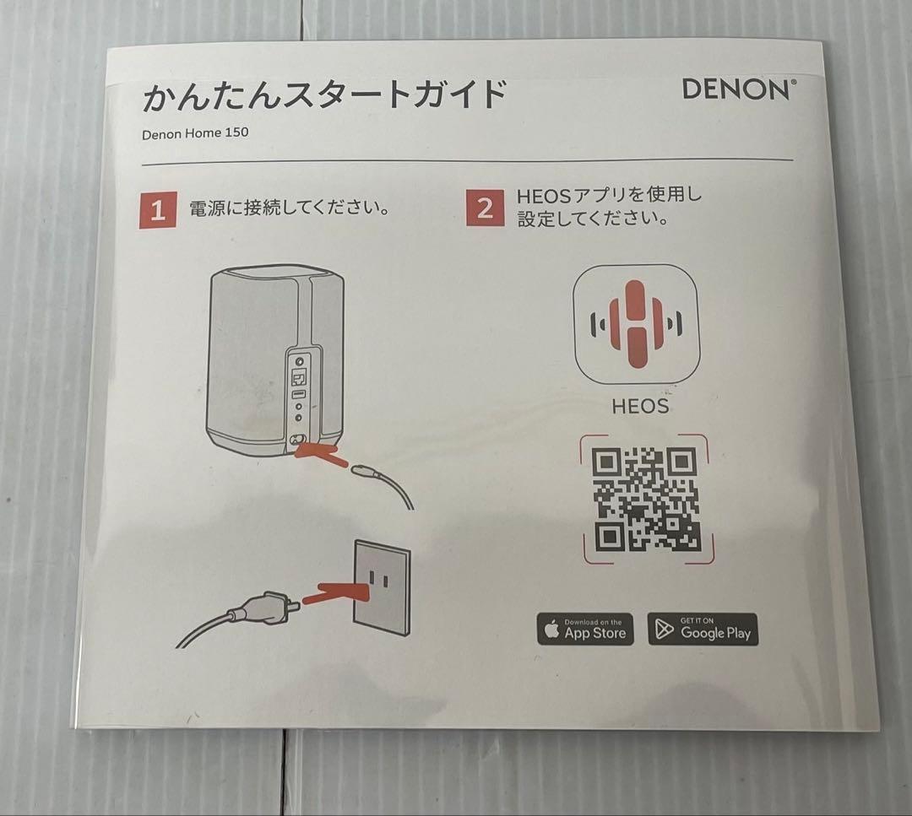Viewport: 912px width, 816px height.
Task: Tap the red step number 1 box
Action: pyautogui.click(x=158, y=210)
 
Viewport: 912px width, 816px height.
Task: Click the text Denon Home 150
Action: pyautogui.click(x=195, y=132)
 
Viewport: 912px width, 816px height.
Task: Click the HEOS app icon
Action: pyautogui.click(x=635, y=324)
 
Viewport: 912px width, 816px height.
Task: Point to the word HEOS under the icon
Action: pyautogui.click(x=640, y=406)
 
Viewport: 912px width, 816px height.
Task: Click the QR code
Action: pyautogui.click(x=646, y=499)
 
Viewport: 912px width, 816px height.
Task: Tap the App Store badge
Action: pyautogui.click(x=585, y=630)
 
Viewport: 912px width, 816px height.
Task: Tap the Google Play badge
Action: pyautogui.click(x=703, y=630)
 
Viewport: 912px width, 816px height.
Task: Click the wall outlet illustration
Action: pyautogui.click(x=381, y=586)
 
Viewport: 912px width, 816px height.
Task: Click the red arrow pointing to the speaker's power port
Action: pyautogui.click(x=319, y=456)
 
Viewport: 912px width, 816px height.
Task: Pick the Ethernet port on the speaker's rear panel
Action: pyautogui.click(x=297, y=376)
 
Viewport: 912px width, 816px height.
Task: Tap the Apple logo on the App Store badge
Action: pyautogui.click(x=552, y=630)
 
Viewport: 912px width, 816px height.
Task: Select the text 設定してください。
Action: pyautogui.click(x=594, y=219)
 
